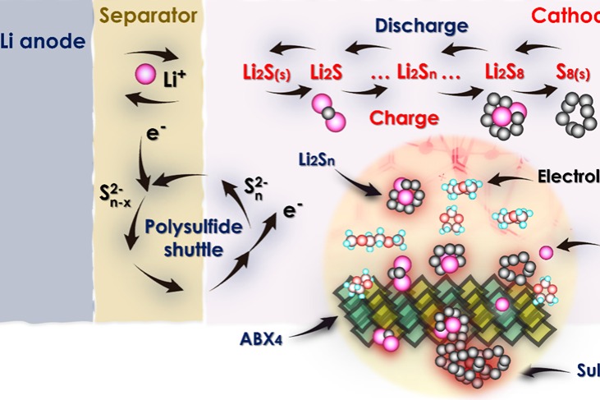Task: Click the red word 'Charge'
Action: coord(404,117)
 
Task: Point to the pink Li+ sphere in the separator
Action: coord(145,78)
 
